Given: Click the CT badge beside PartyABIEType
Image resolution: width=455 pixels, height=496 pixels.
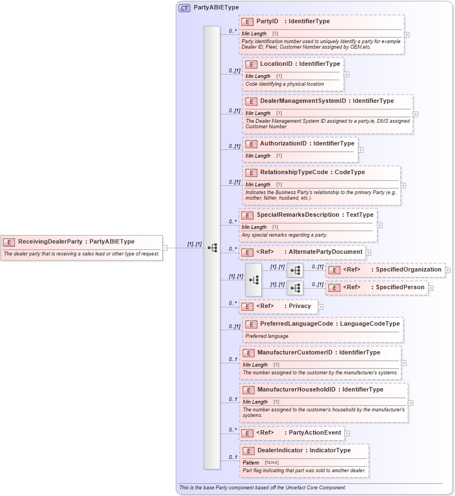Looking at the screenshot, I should (184, 8).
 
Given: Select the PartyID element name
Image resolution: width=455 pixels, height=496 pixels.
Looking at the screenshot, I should (267, 22).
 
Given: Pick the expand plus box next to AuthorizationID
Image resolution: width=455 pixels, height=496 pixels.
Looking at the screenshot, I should (361, 149).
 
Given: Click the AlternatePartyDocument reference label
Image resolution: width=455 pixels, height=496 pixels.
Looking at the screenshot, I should (326, 252).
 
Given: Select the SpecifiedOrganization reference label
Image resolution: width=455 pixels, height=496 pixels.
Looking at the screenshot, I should (409, 270).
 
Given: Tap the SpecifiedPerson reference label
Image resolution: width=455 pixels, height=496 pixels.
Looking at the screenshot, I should (400, 287).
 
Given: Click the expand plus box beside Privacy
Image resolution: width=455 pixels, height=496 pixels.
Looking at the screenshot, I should (320, 306).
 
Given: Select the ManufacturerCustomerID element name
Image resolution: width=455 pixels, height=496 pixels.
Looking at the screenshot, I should (294, 352).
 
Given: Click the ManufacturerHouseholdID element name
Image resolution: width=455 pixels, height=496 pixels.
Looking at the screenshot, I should (296, 389).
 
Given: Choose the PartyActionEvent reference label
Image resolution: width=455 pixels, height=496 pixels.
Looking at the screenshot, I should (315, 432).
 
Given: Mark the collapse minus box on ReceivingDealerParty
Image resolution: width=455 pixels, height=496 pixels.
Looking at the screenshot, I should (165, 247).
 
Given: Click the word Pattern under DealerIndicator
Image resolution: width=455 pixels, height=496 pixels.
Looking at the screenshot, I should (251, 462).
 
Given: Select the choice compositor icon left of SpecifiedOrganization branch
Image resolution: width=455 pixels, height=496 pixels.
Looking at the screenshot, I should (254, 280).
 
